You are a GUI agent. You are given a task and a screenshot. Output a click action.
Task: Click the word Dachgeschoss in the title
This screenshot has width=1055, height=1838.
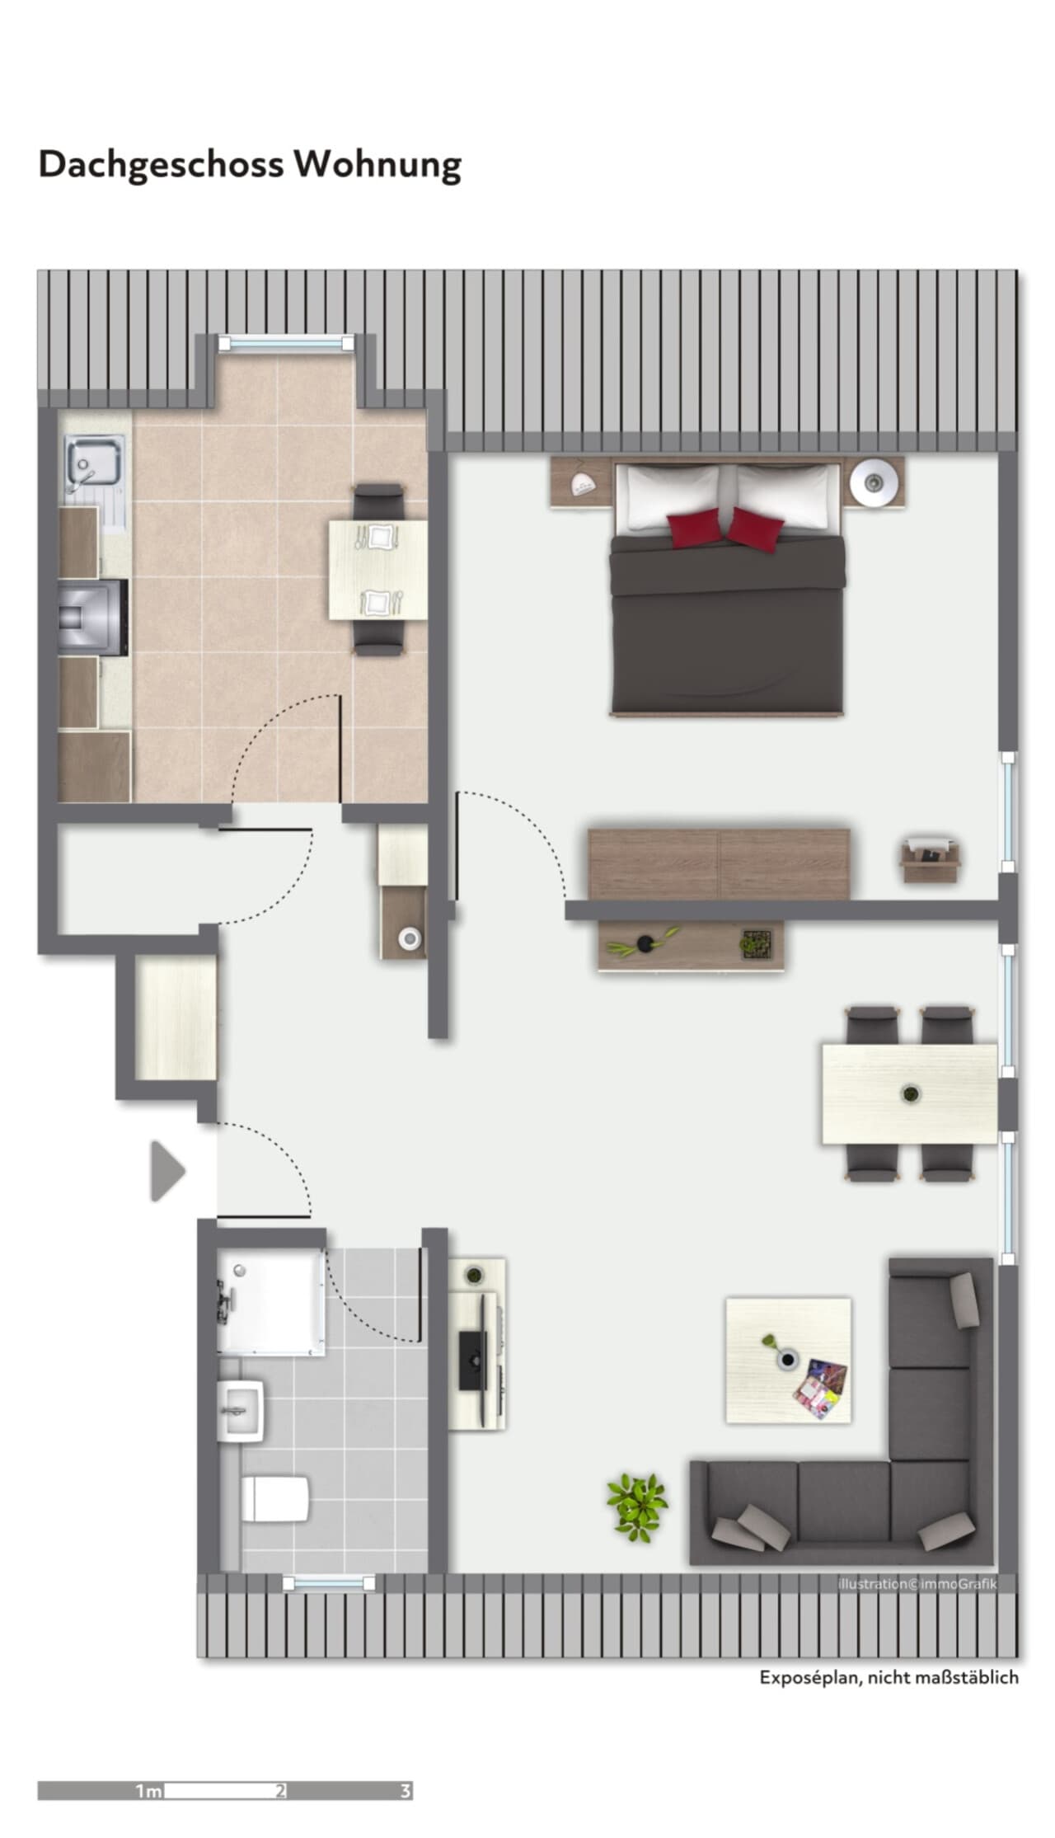pyautogui.click(x=162, y=165)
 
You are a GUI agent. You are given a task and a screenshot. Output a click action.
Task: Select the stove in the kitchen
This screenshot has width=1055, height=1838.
pyautogui.click(x=94, y=617)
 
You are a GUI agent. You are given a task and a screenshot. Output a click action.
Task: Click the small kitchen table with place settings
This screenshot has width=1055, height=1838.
pyautogui.click(x=377, y=570)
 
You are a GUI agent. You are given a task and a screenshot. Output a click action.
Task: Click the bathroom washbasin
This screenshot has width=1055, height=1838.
pyautogui.click(x=241, y=1410)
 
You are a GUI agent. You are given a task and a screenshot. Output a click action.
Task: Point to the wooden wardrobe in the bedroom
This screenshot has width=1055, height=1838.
pyautogui.click(x=719, y=864)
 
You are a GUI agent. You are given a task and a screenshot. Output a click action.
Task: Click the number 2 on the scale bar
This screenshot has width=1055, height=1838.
pyautogui.click(x=281, y=1791)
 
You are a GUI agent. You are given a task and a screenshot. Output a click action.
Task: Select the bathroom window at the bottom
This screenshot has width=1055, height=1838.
pyautogui.click(x=328, y=1582)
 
